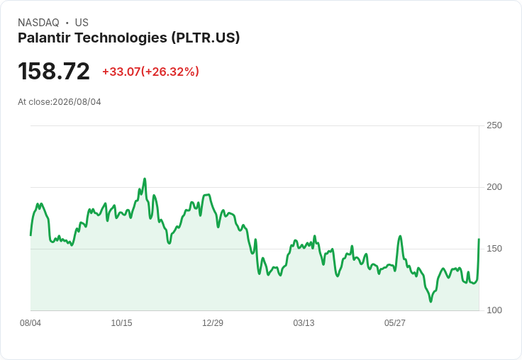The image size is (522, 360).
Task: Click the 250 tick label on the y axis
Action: tap(494, 125)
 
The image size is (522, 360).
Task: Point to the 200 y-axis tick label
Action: tap(494, 187)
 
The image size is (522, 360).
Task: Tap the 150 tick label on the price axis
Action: tap(494, 249)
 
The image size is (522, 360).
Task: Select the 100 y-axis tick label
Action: tap(494, 310)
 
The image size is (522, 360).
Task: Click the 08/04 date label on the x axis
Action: tap(30, 323)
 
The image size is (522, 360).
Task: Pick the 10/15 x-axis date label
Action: tap(121, 323)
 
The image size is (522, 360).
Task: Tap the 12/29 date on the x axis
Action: tap(213, 323)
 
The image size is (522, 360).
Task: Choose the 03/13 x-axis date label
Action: tap(304, 323)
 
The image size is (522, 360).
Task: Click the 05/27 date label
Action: tap(395, 323)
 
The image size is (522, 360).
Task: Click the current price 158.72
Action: tap(54, 71)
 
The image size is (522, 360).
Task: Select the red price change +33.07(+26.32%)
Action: tap(150, 72)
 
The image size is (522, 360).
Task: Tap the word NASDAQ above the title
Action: tap(38, 23)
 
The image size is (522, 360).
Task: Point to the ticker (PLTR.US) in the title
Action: tap(206, 38)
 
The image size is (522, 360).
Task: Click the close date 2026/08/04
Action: tap(77, 102)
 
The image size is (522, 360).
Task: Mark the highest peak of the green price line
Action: tap(145, 179)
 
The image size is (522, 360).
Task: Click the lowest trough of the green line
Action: tap(431, 301)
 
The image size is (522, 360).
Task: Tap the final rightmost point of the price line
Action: tap(479, 239)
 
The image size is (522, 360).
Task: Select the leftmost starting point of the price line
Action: tap(30, 235)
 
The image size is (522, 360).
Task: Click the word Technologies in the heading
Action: tap(121, 38)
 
